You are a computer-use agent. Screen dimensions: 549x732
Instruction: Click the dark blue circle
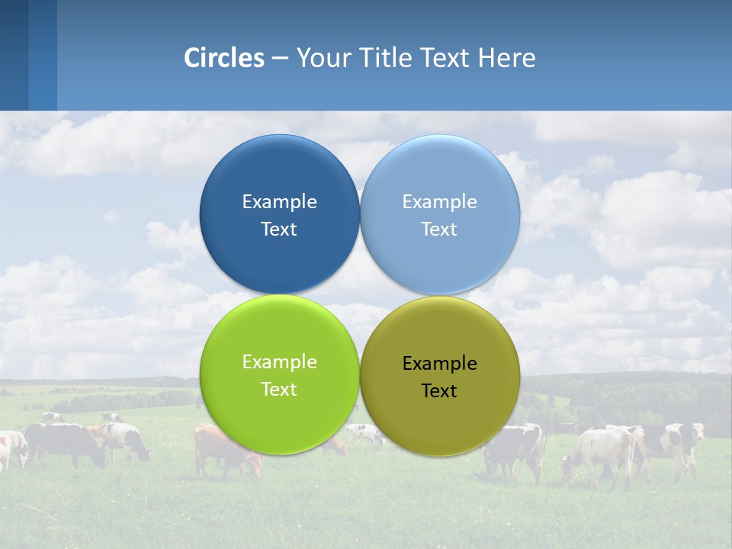pyautogui.click(x=279, y=214)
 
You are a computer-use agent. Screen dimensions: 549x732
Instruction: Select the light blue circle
pyautogui.click(x=440, y=214)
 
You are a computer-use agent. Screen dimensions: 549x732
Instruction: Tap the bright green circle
pyautogui.click(x=279, y=374)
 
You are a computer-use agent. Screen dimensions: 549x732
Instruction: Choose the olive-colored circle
pyautogui.click(x=440, y=376)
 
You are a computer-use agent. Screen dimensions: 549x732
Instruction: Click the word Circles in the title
pyautogui.click(x=224, y=58)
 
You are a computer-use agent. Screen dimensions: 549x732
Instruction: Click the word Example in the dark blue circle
pyautogui.click(x=279, y=201)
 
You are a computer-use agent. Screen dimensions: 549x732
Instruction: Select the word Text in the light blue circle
pyautogui.click(x=439, y=229)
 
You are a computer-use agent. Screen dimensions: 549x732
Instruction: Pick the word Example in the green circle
pyautogui.click(x=279, y=361)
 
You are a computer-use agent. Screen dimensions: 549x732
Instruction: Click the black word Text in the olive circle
pyautogui.click(x=439, y=390)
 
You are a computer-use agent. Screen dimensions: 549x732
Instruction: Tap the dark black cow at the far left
pyautogui.click(x=65, y=442)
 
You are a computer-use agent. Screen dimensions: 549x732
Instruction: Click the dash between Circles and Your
pyautogui.click(x=279, y=58)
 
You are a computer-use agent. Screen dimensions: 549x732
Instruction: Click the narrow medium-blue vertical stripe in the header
pyautogui.click(x=43, y=55)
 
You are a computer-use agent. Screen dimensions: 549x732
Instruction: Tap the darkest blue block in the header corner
pyautogui.click(x=14, y=55)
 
